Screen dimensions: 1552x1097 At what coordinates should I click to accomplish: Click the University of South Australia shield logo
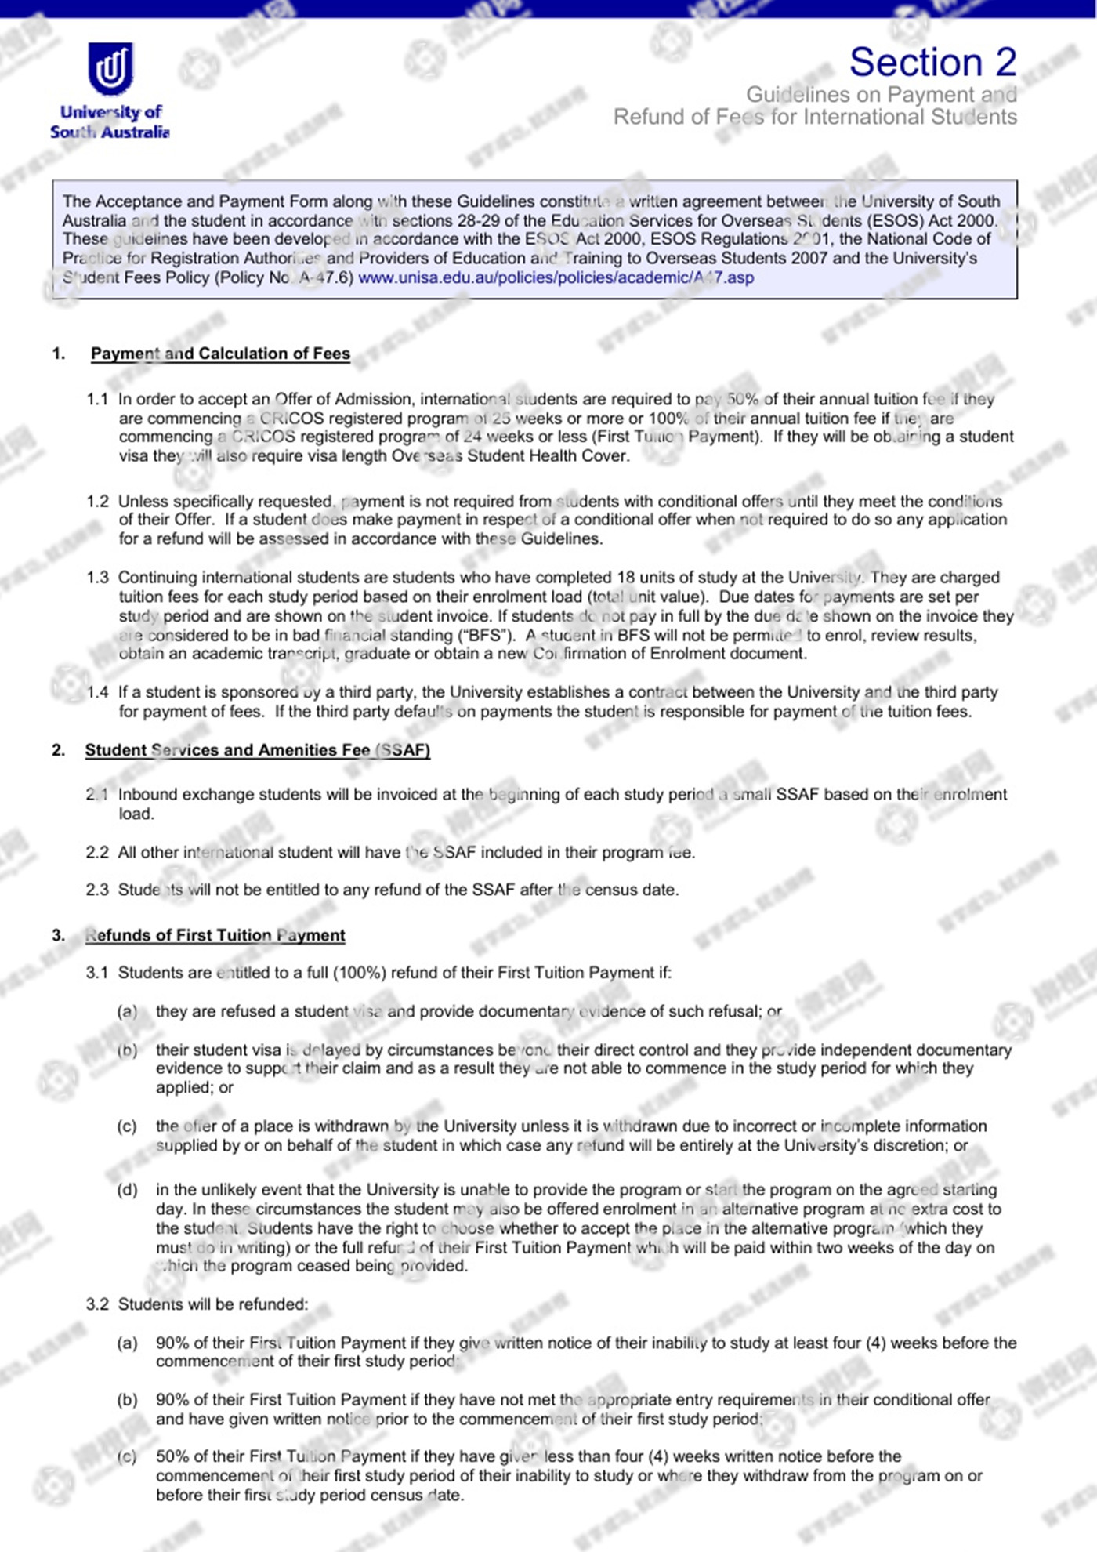tap(110, 69)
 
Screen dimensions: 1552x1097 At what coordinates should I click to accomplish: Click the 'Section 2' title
tap(932, 63)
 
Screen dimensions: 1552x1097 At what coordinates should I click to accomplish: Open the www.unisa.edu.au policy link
tap(556, 277)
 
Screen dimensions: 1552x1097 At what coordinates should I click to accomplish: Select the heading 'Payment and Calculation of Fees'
tap(220, 354)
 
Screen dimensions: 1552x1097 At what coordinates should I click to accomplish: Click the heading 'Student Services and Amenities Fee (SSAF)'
tap(257, 750)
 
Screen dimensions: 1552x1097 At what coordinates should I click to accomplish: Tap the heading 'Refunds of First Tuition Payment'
tap(215, 935)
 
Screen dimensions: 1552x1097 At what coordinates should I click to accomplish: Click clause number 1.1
tap(97, 399)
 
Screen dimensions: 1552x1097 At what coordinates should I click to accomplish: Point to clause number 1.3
tap(97, 578)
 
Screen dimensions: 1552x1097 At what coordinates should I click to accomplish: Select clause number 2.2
tap(97, 852)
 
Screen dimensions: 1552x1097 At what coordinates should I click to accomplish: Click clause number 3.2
tap(97, 1304)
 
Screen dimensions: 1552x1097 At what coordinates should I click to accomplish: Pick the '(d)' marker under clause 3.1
tap(127, 1190)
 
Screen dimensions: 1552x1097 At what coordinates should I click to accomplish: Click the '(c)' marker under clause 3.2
tap(127, 1456)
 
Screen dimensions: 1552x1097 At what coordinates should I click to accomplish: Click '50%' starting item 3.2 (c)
tap(172, 1456)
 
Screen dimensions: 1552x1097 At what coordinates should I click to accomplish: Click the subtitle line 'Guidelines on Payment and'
tap(881, 95)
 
